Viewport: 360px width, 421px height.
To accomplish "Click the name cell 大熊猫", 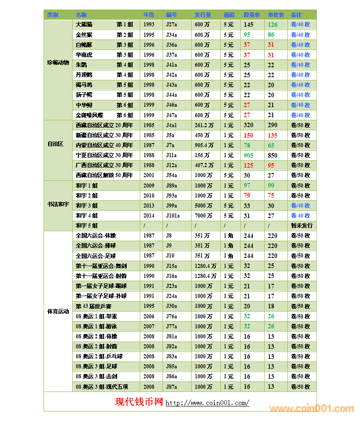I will pyautogui.click(x=84, y=25).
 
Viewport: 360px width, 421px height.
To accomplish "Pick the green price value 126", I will pyautogui.click(x=272, y=25).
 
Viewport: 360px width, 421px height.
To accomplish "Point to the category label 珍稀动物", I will pyautogui.click(x=58, y=62).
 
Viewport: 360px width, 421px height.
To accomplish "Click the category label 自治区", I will pyautogui.click(x=55, y=144).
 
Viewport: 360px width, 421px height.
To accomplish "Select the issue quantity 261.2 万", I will pyautogui.click(x=204, y=125).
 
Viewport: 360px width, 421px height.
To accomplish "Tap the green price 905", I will pyautogui.click(x=248, y=155).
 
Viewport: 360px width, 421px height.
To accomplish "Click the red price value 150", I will pyautogui.click(x=248, y=135).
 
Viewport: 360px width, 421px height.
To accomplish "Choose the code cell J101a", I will pyautogui.click(x=173, y=216).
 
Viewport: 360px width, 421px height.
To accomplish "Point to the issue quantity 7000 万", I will pyautogui.click(x=203, y=216).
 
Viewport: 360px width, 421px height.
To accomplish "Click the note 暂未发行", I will pyautogui.click(x=301, y=226).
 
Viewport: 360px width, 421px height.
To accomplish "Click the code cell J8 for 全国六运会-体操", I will pyautogui.click(x=169, y=236).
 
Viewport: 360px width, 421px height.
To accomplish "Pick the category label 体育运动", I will pyautogui.click(x=58, y=312).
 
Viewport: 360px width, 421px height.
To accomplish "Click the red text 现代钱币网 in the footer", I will pyautogui.click(x=139, y=402).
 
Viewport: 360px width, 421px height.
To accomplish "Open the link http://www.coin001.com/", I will pyautogui.click(x=207, y=403).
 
